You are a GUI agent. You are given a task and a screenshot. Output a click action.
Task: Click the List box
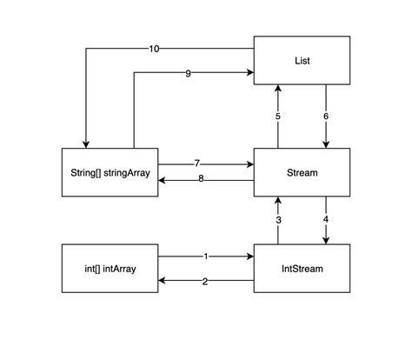coord(302,61)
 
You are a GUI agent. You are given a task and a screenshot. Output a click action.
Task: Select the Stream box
coord(302,172)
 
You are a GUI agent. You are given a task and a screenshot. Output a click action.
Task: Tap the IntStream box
coord(302,269)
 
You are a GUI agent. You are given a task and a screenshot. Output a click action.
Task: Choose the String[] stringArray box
coord(111,172)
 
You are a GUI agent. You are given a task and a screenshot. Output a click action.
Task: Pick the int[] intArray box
coord(111,269)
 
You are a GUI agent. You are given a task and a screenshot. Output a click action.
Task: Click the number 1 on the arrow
coord(205,257)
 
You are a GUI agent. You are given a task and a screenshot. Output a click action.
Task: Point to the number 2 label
coord(205,281)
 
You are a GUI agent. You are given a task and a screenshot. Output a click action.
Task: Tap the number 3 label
coord(278,220)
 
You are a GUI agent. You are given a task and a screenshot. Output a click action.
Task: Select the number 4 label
coord(326,220)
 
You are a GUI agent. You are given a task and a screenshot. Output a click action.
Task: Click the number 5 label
coord(278,117)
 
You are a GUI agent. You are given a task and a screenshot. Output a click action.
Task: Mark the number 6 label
coord(326,117)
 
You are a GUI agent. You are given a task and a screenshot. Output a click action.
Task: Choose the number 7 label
coord(197,163)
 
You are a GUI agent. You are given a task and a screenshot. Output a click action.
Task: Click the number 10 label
coord(154,48)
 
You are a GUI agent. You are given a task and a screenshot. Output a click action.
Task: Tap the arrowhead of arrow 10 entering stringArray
coord(86,143)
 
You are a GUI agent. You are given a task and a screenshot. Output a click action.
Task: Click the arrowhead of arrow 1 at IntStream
coord(249,257)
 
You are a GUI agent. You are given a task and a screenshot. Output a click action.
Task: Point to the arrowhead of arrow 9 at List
coord(249,73)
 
